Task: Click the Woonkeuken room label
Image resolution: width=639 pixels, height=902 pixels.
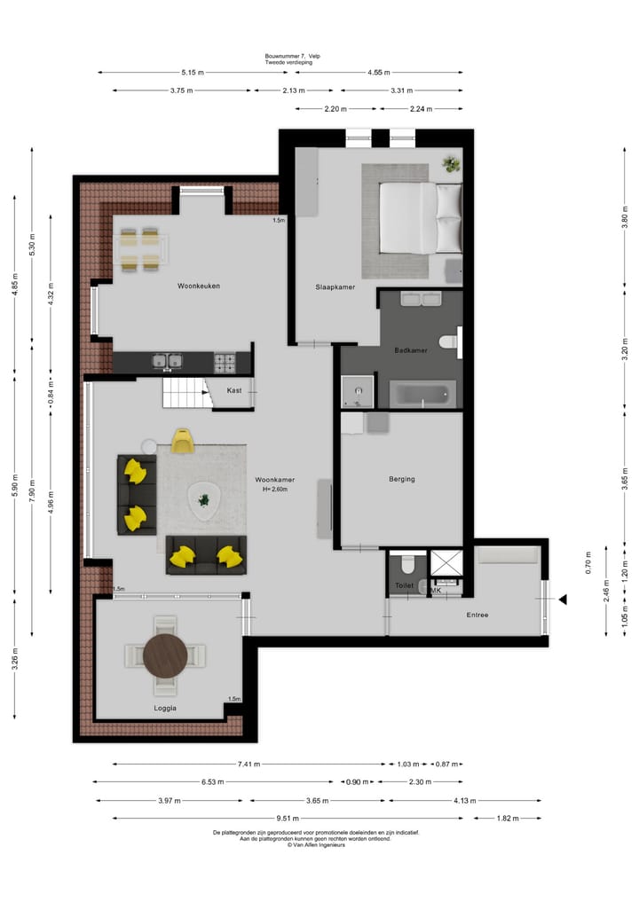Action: click(199, 286)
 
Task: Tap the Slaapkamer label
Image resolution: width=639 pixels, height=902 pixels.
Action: click(335, 287)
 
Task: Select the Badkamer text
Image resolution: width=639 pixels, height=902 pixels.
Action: click(411, 350)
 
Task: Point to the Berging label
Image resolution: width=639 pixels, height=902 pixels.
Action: click(401, 479)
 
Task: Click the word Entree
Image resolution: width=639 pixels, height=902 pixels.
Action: click(477, 615)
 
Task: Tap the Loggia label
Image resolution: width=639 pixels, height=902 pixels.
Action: click(165, 708)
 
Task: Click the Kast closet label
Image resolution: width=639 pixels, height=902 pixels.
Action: click(234, 390)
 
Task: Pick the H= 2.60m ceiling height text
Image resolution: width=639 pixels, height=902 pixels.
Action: click(278, 490)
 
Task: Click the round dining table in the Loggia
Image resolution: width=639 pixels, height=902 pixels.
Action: click(166, 655)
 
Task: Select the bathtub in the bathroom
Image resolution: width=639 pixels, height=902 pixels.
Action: click(422, 394)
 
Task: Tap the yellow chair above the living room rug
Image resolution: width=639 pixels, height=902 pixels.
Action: click(183, 441)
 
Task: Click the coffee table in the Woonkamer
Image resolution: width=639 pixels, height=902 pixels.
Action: click(205, 502)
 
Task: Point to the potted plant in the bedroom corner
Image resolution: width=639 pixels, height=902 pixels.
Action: click(452, 164)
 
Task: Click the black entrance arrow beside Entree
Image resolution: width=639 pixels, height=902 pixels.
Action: click(561, 600)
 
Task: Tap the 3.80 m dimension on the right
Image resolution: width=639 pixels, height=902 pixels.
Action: click(624, 216)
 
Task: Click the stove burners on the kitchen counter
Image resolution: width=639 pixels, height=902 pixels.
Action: click(225, 361)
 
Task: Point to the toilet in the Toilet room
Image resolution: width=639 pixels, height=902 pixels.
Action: click(407, 565)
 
